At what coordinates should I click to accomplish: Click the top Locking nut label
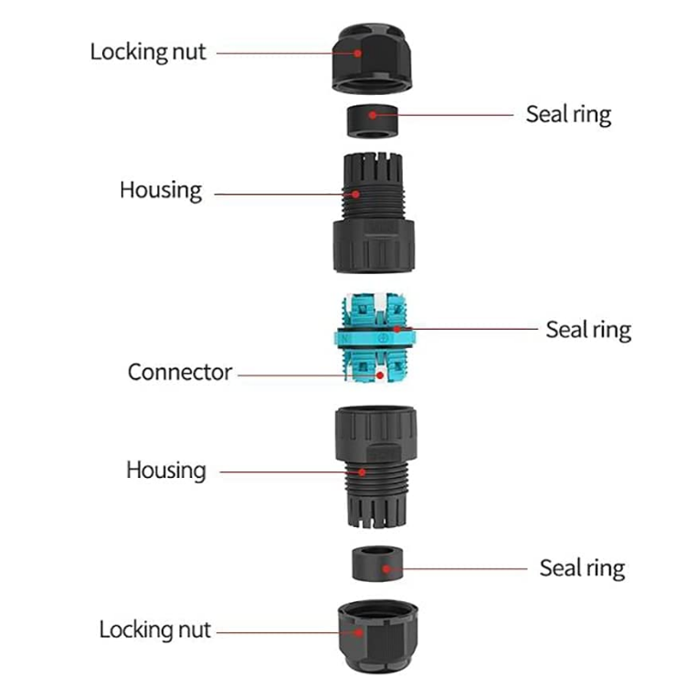tap(148, 52)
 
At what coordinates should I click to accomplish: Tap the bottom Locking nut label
tap(154, 630)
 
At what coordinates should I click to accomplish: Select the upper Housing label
tap(161, 190)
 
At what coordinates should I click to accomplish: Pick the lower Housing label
tap(166, 471)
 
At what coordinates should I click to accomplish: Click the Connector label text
tap(180, 373)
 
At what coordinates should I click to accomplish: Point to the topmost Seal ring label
tap(568, 114)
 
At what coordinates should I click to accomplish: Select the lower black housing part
tap(374, 461)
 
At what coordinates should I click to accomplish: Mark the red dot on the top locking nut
tap(359, 53)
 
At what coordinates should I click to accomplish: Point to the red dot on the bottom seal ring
tap(388, 568)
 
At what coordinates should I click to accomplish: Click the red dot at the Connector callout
tap(378, 375)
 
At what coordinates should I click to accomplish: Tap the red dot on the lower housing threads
tap(363, 471)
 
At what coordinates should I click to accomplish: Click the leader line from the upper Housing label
tap(274, 194)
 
